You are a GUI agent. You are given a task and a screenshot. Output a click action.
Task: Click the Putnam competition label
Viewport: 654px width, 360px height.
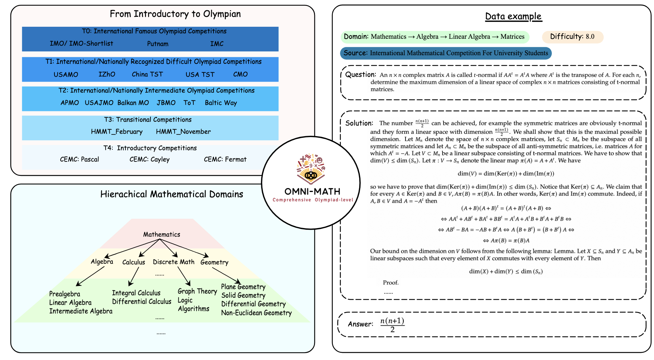[x=158, y=44]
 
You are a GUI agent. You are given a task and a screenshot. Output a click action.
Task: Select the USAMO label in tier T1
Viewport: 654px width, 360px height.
[x=66, y=74]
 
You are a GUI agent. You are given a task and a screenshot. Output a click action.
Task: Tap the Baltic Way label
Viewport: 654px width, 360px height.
[x=221, y=103]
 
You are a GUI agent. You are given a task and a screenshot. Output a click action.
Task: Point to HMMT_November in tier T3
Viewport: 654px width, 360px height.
[x=183, y=132]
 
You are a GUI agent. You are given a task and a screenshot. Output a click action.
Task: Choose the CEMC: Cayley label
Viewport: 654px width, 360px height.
[x=149, y=159]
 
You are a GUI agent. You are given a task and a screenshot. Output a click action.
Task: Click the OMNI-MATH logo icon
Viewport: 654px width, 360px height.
[x=311, y=168]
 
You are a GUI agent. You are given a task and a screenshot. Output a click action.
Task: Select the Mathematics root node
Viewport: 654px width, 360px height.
[x=161, y=235]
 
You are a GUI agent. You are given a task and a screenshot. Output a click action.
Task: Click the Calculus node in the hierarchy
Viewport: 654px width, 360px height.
[x=134, y=262]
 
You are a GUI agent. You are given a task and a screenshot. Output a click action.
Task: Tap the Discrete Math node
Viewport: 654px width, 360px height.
[x=173, y=262]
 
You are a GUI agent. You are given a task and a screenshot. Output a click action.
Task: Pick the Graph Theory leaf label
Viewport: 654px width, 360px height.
[x=197, y=291]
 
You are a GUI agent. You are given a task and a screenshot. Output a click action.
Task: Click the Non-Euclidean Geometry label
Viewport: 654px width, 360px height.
[x=256, y=313]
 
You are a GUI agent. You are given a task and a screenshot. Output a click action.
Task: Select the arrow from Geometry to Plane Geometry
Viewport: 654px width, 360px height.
[x=227, y=275]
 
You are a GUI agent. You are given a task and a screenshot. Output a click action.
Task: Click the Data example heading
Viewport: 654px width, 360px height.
[x=513, y=16]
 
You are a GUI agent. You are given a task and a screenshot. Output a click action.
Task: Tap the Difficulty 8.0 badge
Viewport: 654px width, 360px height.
[x=572, y=37]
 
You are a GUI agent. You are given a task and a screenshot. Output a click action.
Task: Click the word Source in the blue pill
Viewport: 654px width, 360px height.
[x=355, y=53]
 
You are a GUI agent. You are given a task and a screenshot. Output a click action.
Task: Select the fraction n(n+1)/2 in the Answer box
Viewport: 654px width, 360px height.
[x=392, y=325]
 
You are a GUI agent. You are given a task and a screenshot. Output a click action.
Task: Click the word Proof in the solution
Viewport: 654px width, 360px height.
[x=391, y=283]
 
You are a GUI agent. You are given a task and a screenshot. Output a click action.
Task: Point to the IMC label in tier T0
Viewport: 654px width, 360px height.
[x=217, y=44]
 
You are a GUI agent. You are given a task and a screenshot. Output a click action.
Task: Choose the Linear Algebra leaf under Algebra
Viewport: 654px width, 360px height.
[x=70, y=303]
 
